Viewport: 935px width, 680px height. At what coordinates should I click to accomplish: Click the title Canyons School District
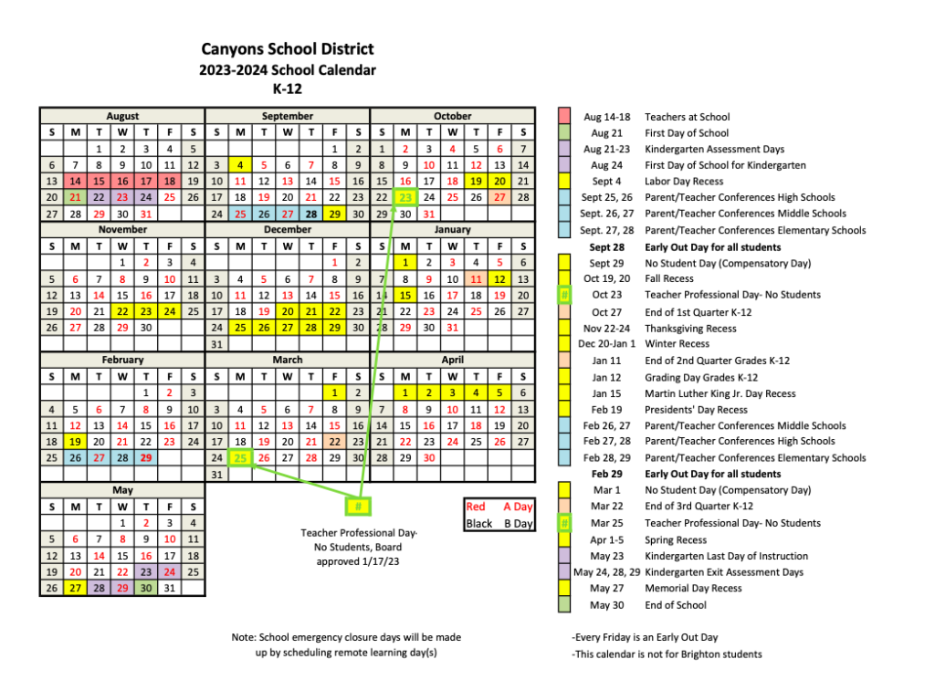(287, 49)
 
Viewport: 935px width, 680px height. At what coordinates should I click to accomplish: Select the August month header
(122, 116)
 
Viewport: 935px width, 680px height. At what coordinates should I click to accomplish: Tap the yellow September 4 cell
(240, 165)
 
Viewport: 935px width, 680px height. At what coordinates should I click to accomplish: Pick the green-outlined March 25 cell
(240, 457)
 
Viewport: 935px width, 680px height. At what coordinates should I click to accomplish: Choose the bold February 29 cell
(146, 457)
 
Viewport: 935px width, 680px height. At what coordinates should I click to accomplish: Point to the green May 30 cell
(146, 588)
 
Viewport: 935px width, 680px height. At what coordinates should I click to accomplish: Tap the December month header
(287, 230)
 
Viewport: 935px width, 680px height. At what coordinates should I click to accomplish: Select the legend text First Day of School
(687, 133)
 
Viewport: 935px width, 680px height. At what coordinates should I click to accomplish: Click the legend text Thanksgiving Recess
(690, 328)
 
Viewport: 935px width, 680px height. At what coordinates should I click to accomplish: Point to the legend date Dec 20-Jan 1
(606, 344)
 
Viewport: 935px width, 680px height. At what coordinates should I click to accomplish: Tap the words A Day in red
(517, 507)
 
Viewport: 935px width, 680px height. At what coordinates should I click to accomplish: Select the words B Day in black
(517, 523)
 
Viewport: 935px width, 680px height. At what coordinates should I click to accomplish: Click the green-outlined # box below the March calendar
(359, 507)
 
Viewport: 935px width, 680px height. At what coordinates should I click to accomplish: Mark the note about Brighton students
(666, 654)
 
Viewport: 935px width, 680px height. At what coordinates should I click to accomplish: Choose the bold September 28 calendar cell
(311, 214)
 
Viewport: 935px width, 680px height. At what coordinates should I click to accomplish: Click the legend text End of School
(676, 604)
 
